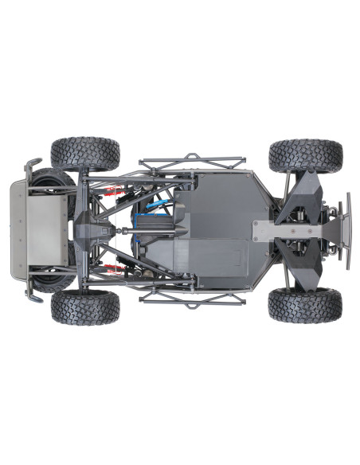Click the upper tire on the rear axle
click(85, 154)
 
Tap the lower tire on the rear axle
click(85, 307)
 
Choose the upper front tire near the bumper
click(305, 155)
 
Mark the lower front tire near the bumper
click(305, 305)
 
